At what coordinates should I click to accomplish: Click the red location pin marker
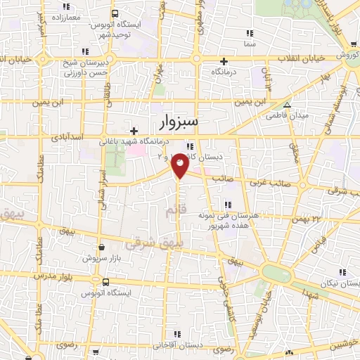[180, 165]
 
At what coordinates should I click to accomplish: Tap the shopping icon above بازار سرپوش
[103, 247]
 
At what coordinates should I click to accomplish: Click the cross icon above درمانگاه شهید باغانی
[134, 131]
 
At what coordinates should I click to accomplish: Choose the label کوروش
[347, 54]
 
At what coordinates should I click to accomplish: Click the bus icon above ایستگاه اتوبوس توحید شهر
[115, 14]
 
